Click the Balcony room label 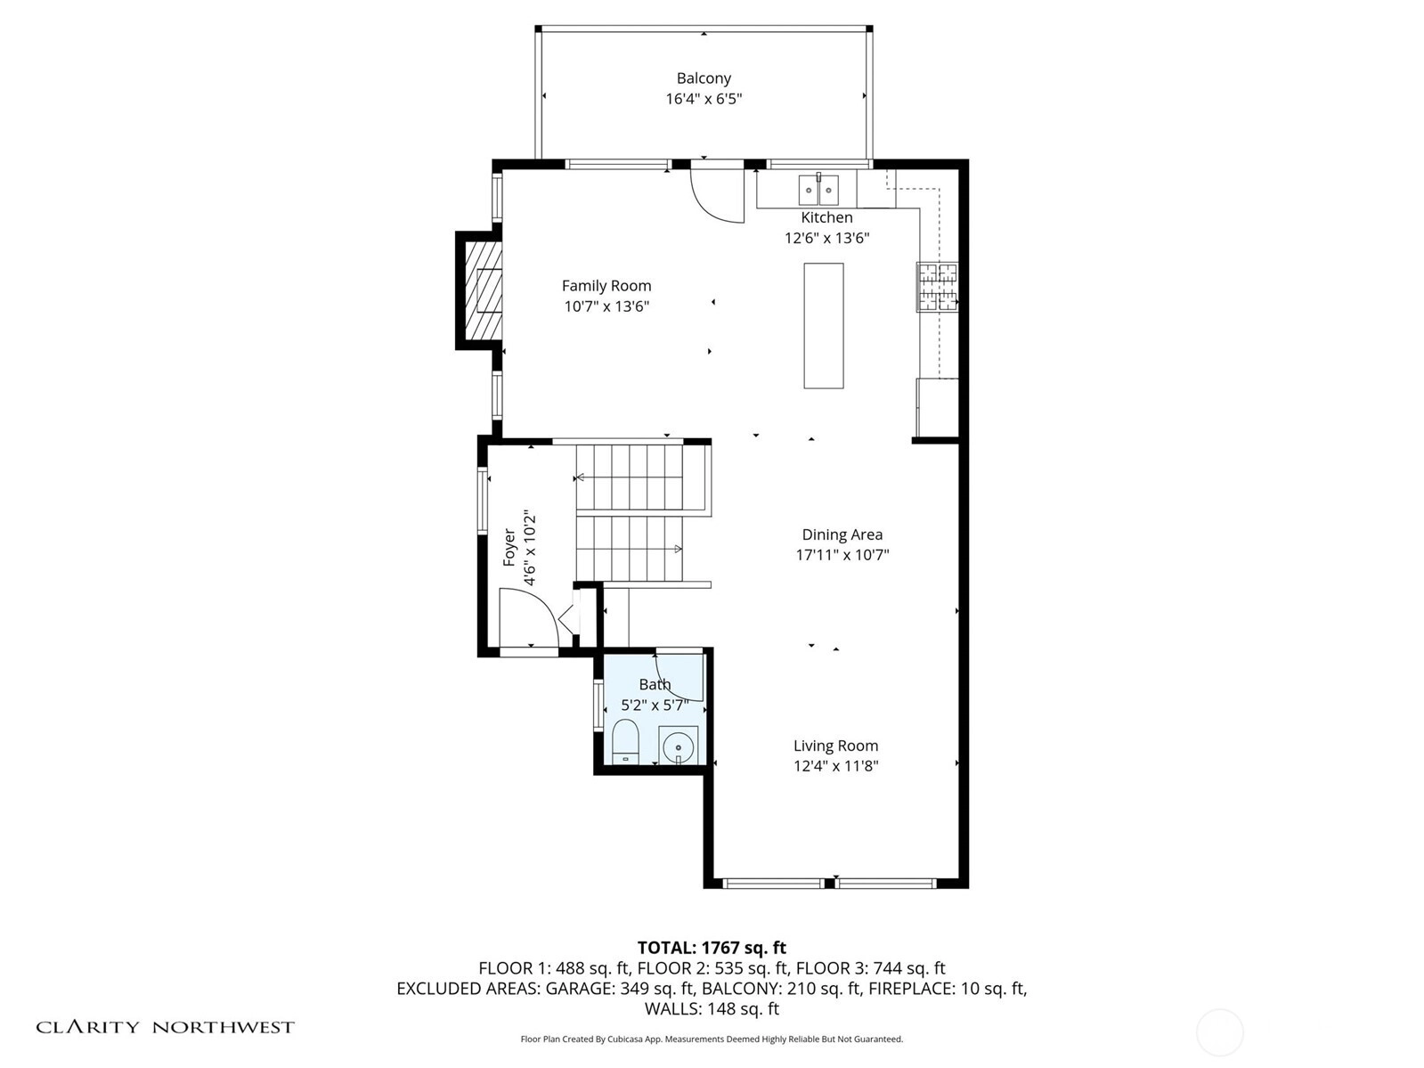[x=704, y=78]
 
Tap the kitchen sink [x=818, y=190]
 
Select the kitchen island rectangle [x=823, y=326]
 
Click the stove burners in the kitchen [x=937, y=287]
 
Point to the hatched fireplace [x=484, y=290]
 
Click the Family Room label [x=606, y=286]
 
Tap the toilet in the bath [x=625, y=742]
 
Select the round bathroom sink [x=678, y=745]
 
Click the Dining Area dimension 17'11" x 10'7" [x=842, y=555]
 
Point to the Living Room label [x=835, y=746]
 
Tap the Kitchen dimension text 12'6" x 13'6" [x=826, y=238]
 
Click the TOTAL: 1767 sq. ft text [x=712, y=948]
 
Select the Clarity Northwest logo [x=165, y=1027]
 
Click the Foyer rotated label [x=509, y=547]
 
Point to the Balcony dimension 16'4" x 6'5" [x=704, y=99]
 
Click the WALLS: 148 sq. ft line [x=712, y=1009]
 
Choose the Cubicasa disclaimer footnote [x=712, y=1039]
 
